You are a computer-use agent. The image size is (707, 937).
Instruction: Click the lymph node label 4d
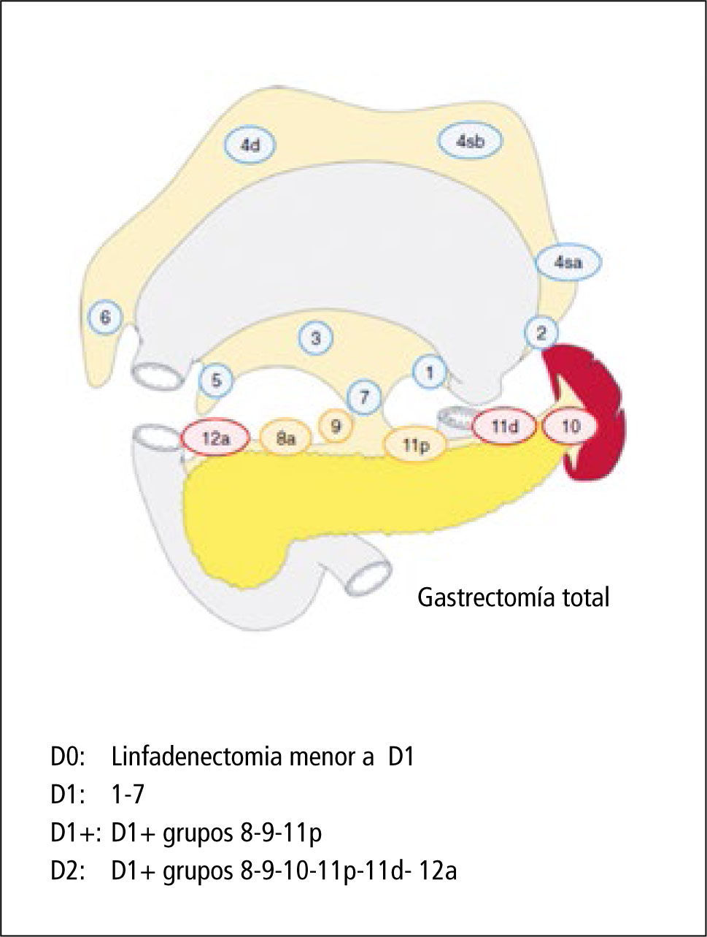pyautogui.click(x=250, y=145)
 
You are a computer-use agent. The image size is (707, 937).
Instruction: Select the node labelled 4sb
pyautogui.click(x=470, y=142)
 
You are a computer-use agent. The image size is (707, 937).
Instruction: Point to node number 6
pyautogui.click(x=104, y=318)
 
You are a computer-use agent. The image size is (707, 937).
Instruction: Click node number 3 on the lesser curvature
pyautogui.click(x=316, y=338)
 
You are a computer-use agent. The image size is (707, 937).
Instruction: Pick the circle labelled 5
pyautogui.click(x=216, y=380)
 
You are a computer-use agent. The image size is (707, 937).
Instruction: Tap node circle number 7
pyautogui.click(x=365, y=397)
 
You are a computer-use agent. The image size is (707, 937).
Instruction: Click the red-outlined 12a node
pyautogui.click(x=215, y=439)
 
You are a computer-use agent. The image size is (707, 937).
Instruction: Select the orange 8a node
pyautogui.click(x=285, y=439)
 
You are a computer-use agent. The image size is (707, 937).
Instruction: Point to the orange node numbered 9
pyautogui.click(x=336, y=427)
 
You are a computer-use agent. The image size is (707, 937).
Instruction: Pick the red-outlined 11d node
pyautogui.click(x=504, y=427)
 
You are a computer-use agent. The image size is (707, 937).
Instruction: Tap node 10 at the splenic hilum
pyautogui.click(x=571, y=427)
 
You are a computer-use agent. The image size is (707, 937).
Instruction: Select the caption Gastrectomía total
pyautogui.click(x=513, y=598)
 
